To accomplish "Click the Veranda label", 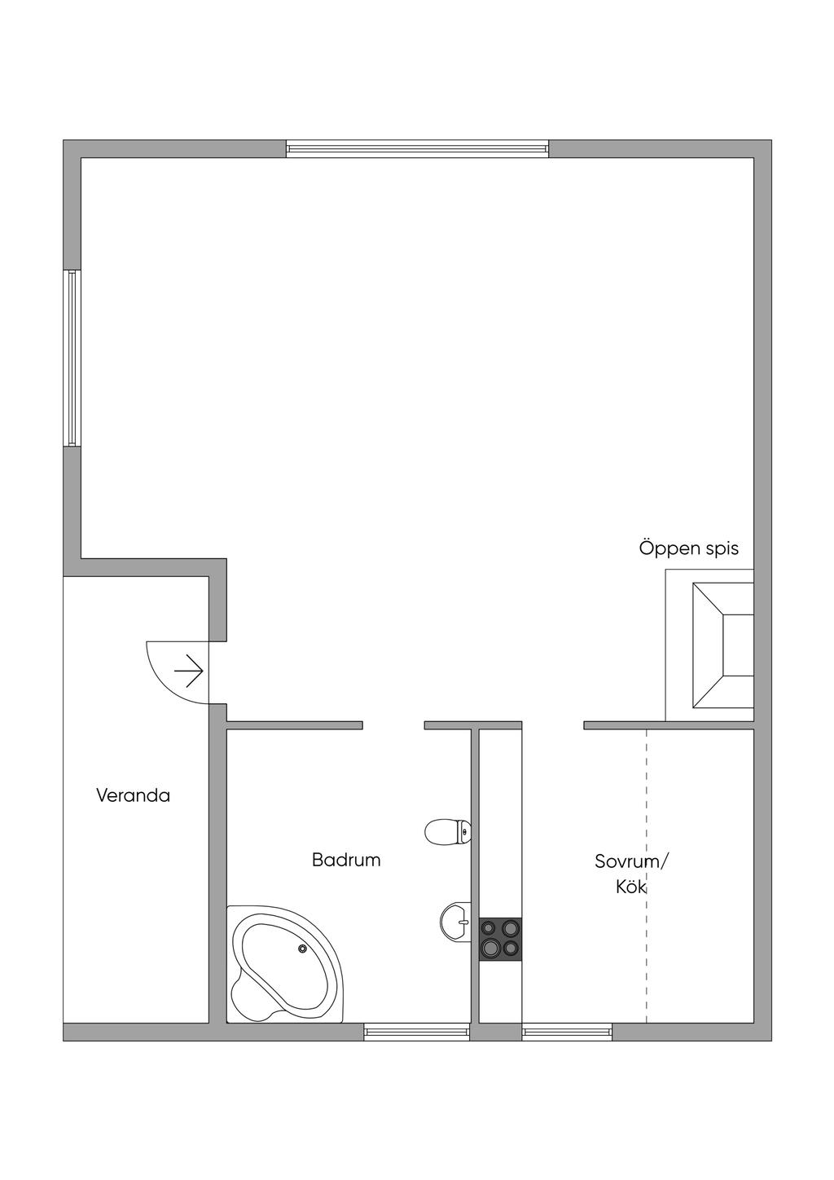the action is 134,795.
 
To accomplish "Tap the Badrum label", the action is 346,860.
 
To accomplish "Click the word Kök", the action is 630,887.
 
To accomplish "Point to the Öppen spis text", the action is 689,548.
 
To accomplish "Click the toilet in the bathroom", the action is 447,832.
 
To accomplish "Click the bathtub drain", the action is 303,949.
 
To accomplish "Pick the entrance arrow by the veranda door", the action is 188,671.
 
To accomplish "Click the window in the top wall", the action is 418,148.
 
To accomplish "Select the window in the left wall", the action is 72,359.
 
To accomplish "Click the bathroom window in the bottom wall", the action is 416,1032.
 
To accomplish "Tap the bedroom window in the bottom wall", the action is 567,1032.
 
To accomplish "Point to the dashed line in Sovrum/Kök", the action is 646,877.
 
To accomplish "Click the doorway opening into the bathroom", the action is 393,725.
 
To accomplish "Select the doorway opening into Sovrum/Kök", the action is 553,725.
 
